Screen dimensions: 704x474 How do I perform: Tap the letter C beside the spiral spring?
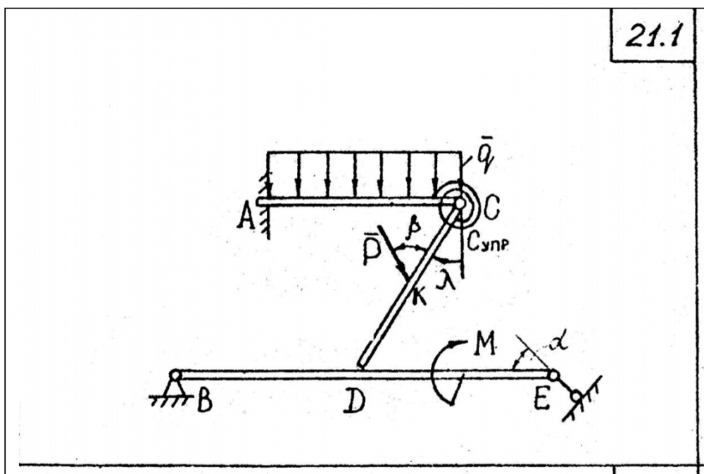click(492, 209)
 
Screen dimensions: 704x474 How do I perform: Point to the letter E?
click(540, 404)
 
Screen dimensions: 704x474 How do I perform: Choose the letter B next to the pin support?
click(206, 404)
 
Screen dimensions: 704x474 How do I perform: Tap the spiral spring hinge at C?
click(459, 203)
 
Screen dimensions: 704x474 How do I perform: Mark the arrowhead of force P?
click(404, 277)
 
